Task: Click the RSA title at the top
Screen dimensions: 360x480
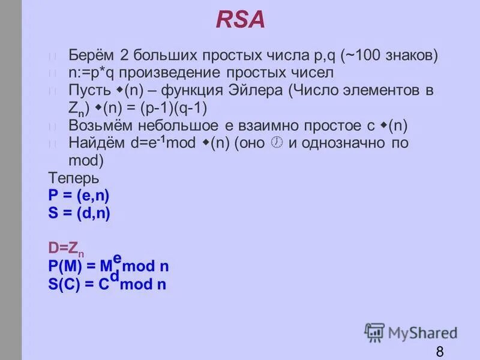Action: [x=240, y=20]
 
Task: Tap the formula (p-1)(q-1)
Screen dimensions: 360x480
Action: [x=186, y=108]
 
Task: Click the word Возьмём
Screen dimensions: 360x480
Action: [x=98, y=126]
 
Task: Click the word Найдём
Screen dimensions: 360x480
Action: [x=95, y=143]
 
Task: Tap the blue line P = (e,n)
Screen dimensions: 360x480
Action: [x=79, y=195]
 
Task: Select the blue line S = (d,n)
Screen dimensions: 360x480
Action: [x=79, y=212]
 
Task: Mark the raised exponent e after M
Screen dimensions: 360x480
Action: [x=118, y=258]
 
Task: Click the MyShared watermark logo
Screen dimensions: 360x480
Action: [x=410, y=332]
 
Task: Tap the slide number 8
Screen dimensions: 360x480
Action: [x=440, y=351]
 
